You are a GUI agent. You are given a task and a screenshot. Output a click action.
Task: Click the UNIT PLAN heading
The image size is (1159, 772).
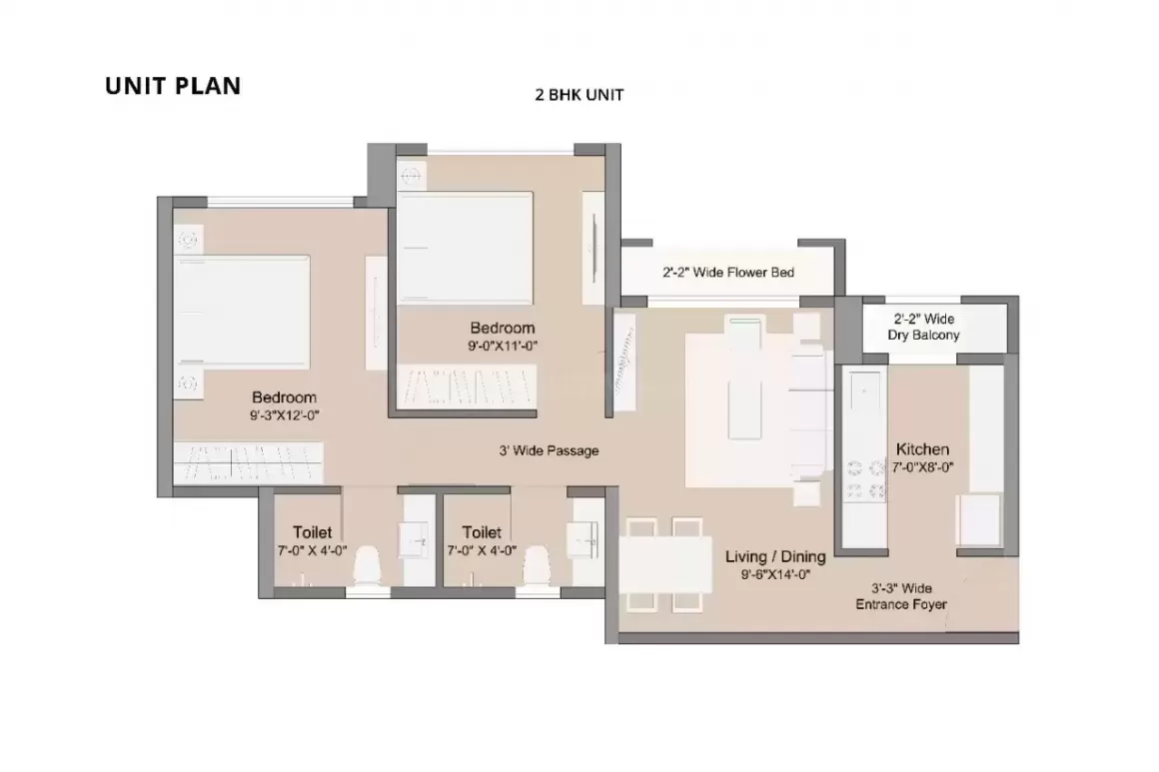pyautogui.click(x=173, y=86)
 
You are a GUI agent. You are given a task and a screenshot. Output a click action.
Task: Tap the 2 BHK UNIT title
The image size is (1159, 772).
pyautogui.click(x=579, y=95)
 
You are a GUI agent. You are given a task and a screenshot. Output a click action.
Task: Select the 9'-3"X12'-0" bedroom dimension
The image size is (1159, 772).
pyautogui.click(x=284, y=415)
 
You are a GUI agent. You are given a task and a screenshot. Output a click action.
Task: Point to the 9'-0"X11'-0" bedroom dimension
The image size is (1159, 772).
pyautogui.click(x=502, y=346)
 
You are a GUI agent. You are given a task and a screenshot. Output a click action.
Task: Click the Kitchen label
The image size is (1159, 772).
pyautogui.click(x=922, y=449)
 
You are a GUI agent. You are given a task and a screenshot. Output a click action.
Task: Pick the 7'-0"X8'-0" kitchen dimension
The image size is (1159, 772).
pyautogui.click(x=922, y=466)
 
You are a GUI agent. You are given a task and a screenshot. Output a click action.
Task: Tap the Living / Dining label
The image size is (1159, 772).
pyautogui.click(x=775, y=557)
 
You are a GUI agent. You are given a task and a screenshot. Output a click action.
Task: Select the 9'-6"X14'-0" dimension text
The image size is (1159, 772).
pyautogui.click(x=776, y=574)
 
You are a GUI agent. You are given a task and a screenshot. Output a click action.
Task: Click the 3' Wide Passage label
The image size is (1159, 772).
pyautogui.click(x=549, y=450)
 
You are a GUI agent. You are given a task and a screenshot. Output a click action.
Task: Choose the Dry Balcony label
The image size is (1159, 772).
pyautogui.click(x=923, y=335)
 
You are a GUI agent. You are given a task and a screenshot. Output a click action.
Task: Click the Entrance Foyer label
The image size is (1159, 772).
pyautogui.click(x=901, y=604)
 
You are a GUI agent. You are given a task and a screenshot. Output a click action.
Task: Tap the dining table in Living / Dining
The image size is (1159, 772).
pyautogui.click(x=665, y=565)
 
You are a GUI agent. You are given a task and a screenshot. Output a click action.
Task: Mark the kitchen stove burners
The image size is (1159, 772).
pyautogui.click(x=865, y=478)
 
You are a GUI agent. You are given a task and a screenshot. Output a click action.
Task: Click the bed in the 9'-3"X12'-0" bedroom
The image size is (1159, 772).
pyautogui.click(x=242, y=311)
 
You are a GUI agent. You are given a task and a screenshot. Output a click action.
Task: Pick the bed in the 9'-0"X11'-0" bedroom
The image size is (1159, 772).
pyautogui.click(x=465, y=248)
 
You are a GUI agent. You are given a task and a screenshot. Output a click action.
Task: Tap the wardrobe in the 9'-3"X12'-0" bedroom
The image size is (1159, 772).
pyautogui.click(x=249, y=463)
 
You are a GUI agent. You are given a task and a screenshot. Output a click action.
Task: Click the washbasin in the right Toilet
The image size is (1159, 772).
pyautogui.click(x=584, y=539)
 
